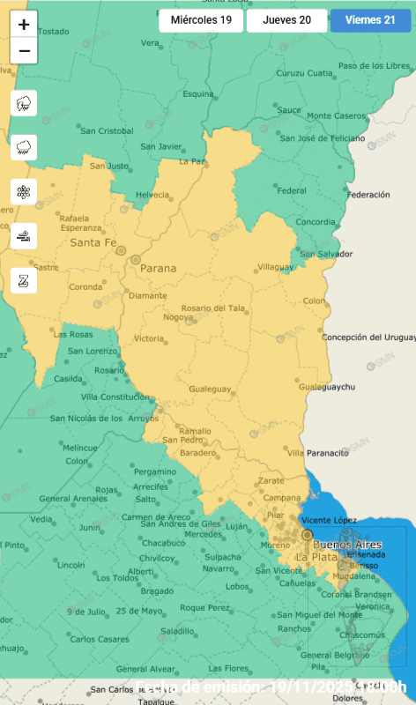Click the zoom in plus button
click(x=24, y=25)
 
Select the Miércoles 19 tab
click(x=201, y=19)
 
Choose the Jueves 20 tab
click(x=286, y=19)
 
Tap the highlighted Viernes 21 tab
click(x=370, y=19)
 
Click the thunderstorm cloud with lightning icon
click(x=24, y=103)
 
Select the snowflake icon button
click(x=24, y=191)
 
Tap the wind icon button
click(x=24, y=236)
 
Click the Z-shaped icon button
click(x=24, y=281)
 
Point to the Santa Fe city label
click(x=93, y=241)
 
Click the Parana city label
click(x=157, y=268)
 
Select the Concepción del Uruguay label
click(x=368, y=337)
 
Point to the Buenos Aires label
click(x=348, y=545)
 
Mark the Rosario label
click(x=109, y=370)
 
